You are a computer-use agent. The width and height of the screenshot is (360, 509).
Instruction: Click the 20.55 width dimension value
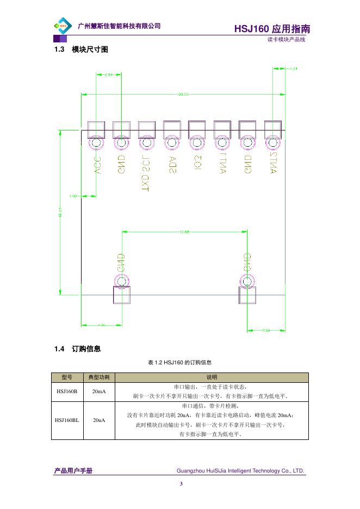click(183, 94)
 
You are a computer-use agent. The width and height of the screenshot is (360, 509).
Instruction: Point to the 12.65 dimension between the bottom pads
click(183, 232)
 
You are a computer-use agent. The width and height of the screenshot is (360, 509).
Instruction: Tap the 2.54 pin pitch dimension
click(108, 74)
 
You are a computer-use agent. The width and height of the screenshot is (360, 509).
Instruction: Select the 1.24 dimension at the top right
click(294, 69)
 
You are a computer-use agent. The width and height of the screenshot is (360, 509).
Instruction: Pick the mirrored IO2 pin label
click(197, 163)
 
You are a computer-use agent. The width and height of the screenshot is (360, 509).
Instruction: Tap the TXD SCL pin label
click(145, 173)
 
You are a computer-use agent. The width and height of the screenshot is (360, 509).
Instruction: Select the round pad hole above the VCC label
click(96, 144)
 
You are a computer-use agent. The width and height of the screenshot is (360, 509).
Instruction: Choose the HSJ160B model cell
click(67, 391)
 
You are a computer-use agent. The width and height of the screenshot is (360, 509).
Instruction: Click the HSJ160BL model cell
click(67, 420)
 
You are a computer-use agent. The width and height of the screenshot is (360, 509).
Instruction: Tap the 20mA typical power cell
click(99, 391)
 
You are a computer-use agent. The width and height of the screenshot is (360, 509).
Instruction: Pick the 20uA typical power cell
click(99, 420)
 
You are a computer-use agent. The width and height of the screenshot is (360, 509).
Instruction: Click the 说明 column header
click(212, 377)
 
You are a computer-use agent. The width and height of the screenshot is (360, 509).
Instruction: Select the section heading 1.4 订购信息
click(77, 349)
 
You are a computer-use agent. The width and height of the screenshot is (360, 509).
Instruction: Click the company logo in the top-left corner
click(63, 26)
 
